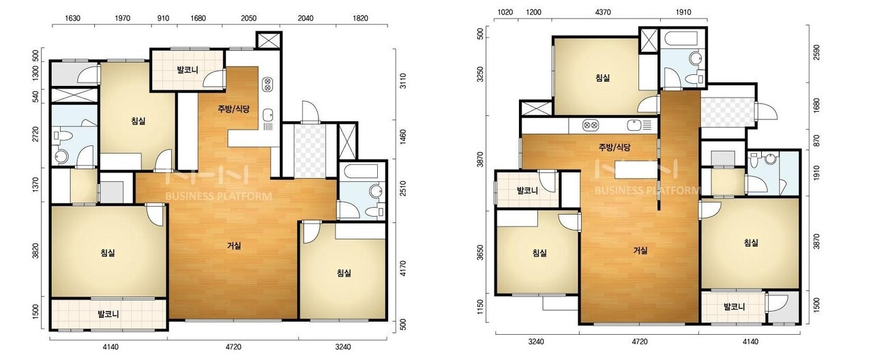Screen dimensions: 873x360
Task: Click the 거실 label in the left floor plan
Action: pyautogui.click(x=234, y=246)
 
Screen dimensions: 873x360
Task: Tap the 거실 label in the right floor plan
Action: pyautogui.click(x=640, y=250)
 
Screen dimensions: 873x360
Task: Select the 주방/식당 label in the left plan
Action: pyautogui.click(x=233, y=109)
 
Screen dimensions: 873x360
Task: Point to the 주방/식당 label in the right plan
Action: pyautogui.click(x=615, y=147)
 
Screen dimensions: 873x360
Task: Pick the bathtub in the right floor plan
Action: pyautogui.click(x=681, y=40)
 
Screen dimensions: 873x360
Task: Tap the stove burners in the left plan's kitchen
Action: pyautogui.click(x=268, y=84)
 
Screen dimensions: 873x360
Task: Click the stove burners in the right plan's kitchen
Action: pyautogui.click(x=589, y=125)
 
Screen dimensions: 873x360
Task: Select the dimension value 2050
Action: pyautogui.click(x=249, y=18)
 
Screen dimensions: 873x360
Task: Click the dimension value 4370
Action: pyautogui.click(x=603, y=12)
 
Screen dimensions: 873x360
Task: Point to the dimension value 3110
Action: pyautogui.click(x=403, y=81)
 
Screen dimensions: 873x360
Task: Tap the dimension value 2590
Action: pyautogui.click(x=816, y=52)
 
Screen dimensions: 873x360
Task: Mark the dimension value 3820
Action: pyautogui.click(x=35, y=251)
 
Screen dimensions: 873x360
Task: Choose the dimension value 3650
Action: pyautogui.click(x=480, y=253)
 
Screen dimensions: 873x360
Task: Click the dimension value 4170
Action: pyautogui.click(x=403, y=269)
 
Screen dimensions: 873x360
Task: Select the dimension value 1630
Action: pyautogui.click(x=72, y=18)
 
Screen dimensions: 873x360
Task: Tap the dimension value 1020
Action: pyautogui.click(x=505, y=12)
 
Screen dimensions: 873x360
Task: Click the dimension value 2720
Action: pyautogui.click(x=35, y=135)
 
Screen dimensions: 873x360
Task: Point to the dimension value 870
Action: pyautogui.click(x=816, y=140)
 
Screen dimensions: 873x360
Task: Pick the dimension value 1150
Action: pyautogui.click(x=480, y=307)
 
